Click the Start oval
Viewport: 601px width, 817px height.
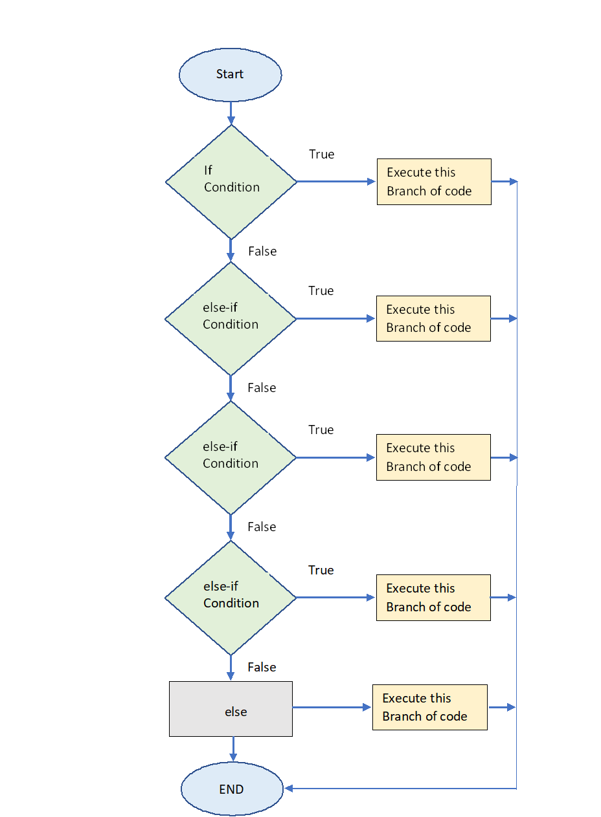(x=230, y=74)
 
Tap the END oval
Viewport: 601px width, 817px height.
(x=232, y=789)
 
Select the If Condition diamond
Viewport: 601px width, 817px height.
(x=231, y=182)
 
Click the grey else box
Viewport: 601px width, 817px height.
(x=231, y=708)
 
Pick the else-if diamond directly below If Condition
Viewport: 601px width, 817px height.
(x=231, y=318)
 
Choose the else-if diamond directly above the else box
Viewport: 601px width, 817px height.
(x=231, y=597)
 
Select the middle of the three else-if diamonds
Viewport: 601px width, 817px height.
(x=231, y=457)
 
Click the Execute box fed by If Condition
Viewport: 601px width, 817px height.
(x=434, y=182)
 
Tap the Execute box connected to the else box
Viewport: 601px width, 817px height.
(x=429, y=707)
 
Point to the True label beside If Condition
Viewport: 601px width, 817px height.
(x=321, y=154)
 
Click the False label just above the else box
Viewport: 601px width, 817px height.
(x=262, y=667)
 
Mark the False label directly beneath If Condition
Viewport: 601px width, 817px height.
(x=262, y=251)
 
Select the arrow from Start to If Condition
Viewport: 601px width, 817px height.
(x=231, y=113)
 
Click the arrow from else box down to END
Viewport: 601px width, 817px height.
(x=232, y=749)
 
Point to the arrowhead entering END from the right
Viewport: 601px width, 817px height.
(x=289, y=789)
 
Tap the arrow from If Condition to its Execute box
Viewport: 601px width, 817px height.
(x=335, y=182)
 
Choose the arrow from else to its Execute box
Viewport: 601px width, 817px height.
(x=332, y=708)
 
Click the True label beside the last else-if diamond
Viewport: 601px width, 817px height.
(x=321, y=570)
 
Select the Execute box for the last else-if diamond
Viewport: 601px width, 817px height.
(x=433, y=597)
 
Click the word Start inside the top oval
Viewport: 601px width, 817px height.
(x=230, y=74)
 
